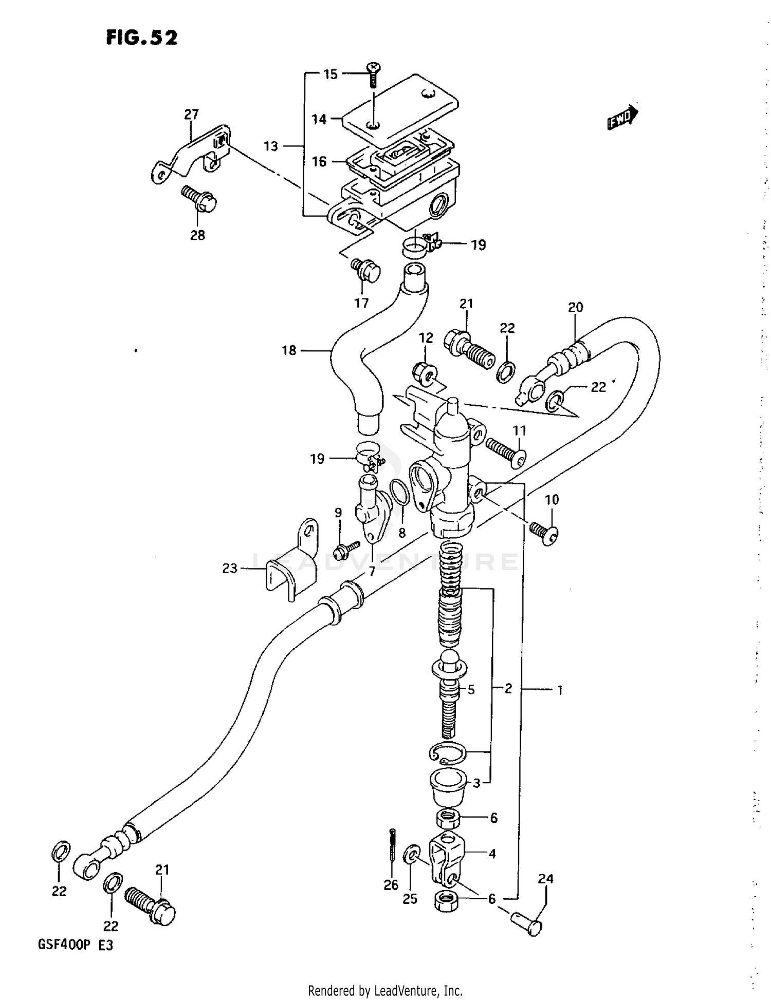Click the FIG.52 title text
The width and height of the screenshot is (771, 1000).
pos(142,37)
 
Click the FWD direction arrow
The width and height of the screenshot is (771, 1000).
pos(622,118)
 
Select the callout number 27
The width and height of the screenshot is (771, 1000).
pos(191,114)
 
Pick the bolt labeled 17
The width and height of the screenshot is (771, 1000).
pos(365,270)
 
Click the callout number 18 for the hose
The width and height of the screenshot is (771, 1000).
pos(289,350)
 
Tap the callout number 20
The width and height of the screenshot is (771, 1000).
pos(575,307)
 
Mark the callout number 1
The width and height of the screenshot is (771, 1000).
pos(560,690)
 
